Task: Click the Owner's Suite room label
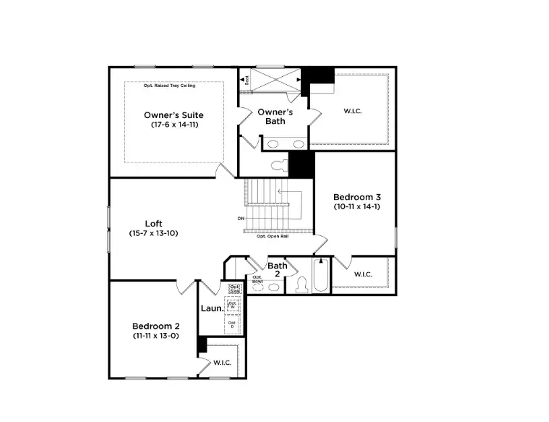click(173, 115)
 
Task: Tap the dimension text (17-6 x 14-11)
click(174, 125)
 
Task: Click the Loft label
click(154, 224)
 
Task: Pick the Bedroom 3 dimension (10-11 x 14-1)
click(356, 207)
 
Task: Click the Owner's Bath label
click(275, 116)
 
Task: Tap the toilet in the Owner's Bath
click(278, 164)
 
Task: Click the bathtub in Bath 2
click(321, 277)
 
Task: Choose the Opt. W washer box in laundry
click(233, 304)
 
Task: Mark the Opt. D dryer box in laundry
click(232, 324)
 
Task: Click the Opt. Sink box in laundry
click(234, 289)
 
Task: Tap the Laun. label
click(212, 309)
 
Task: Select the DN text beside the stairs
click(240, 218)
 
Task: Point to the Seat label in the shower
click(246, 80)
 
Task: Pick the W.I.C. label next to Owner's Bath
click(352, 111)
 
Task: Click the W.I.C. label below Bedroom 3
click(362, 274)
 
